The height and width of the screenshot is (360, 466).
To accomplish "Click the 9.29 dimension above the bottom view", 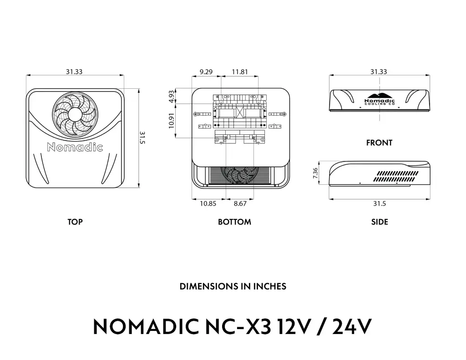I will pyautogui.click(x=206, y=71).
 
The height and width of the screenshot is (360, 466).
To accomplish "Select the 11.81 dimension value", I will pyautogui.click(x=240, y=71).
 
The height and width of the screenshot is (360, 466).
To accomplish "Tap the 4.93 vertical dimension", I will pyautogui.click(x=171, y=96).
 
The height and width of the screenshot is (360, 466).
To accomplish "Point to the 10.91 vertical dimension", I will pyautogui.click(x=171, y=120).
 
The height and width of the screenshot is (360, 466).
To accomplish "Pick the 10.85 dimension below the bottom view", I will pyautogui.click(x=208, y=203).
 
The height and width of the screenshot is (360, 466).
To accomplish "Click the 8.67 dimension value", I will pyautogui.click(x=240, y=203).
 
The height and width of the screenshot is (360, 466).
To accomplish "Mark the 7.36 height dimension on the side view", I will pyautogui.click(x=315, y=173).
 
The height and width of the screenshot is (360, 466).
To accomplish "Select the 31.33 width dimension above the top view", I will pyautogui.click(x=74, y=71).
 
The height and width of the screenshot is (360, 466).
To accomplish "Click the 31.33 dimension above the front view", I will pyautogui.click(x=379, y=71).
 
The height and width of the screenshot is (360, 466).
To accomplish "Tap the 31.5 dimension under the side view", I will pyautogui.click(x=379, y=203).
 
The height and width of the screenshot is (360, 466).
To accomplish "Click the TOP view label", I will pyautogui.click(x=75, y=222).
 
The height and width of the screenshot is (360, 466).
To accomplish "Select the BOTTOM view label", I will pyautogui.click(x=234, y=222).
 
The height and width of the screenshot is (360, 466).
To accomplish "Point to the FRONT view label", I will pyautogui.click(x=379, y=143).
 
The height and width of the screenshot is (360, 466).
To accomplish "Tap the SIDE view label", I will pyautogui.click(x=379, y=222).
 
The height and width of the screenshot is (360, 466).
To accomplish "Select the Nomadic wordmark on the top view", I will pyautogui.click(x=75, y=147).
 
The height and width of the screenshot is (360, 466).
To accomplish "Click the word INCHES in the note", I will pyautogui.click(x=270, y=287).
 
